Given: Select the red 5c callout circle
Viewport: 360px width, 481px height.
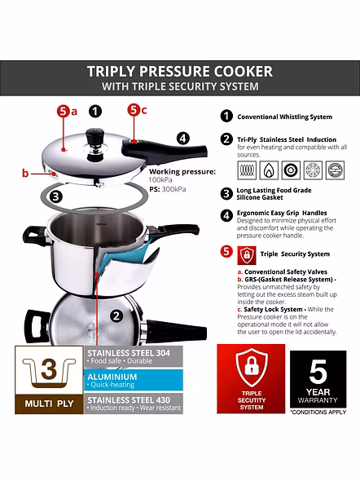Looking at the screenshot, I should pyautogui.click(x=136, y=109).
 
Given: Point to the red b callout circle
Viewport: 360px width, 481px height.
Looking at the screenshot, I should pyautogui.click(x=26, y=173).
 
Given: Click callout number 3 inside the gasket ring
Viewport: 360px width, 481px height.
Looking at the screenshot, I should pyautogui.click(x=55, y=196).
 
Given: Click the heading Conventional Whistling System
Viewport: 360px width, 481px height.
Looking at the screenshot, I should pyautogui.click(x=284, y=117).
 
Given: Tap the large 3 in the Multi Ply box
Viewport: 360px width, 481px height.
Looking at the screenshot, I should pyautogui.click(x=48, y=368).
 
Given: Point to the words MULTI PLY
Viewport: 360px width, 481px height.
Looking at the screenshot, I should pyautogui.click(x=48, y=403).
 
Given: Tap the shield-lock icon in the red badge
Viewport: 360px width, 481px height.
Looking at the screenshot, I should pyautogui.click(x=250, y=368).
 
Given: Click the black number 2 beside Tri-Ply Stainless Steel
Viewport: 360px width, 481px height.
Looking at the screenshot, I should pyautogui.click(x=226, y=139).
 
